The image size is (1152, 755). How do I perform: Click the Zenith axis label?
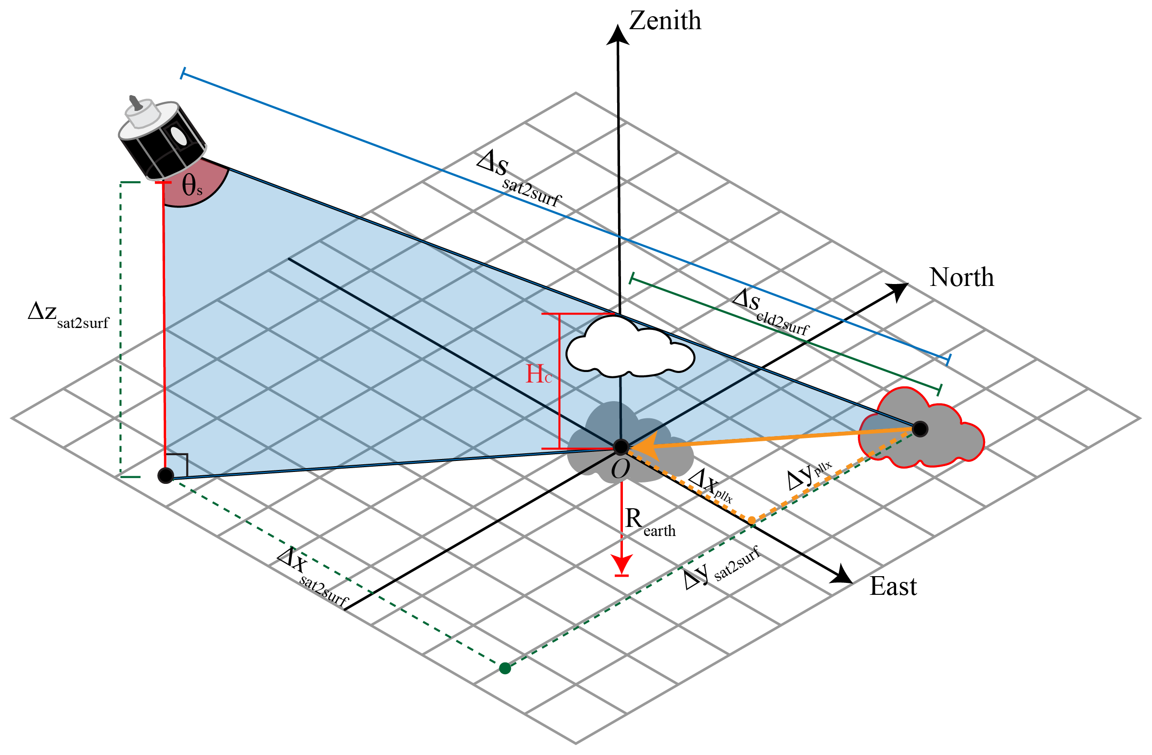(x=665, y=22)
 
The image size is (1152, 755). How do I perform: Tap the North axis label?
(x=961, y=278)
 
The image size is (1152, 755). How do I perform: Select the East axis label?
(x=893, y=587)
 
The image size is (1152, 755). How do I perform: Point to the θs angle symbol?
(x=192, y=186)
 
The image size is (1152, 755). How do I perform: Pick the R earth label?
(x=649, y=522)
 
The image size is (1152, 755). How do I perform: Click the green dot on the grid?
(x=505, y=668)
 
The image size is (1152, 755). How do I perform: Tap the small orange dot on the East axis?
(x=751, y=520)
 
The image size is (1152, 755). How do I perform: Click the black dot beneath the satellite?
(x=166, y=475)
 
